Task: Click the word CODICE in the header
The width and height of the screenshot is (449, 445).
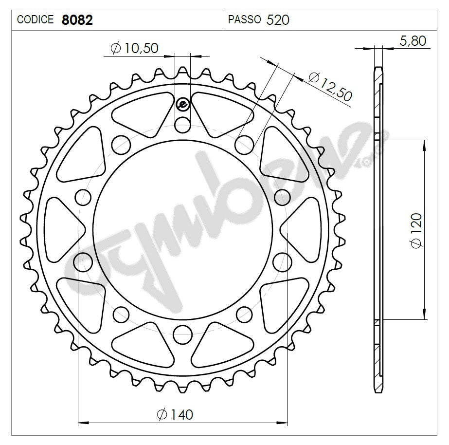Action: tap(36, 20)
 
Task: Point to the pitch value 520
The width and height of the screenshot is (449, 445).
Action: tap(279, 20)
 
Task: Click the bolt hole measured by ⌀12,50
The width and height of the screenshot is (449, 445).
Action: tap(245, 144)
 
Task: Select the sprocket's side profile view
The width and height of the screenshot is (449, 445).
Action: tap(378, 229)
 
